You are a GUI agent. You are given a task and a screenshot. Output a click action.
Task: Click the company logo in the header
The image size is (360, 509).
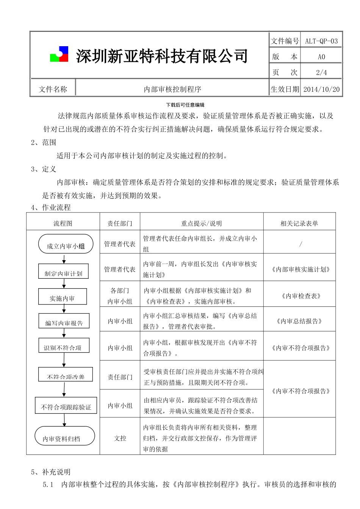coord(59,55)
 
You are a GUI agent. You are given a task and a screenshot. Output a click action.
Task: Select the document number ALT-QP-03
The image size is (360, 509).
coord(321,41)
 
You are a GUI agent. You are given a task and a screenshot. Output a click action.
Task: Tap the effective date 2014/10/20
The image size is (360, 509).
coord(322,89)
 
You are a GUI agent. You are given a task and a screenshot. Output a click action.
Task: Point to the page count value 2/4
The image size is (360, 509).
coord(321,72)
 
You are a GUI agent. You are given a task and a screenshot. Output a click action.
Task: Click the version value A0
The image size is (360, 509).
coord(321,57)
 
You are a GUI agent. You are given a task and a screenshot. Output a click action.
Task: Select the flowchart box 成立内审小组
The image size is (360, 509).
coord(66,245)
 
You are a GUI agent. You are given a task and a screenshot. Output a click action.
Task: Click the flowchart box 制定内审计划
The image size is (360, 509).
coord(63,273)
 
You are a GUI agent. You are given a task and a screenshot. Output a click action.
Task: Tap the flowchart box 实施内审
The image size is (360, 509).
coord(63,298)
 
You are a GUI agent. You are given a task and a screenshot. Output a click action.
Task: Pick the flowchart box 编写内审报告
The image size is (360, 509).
coord(64,322)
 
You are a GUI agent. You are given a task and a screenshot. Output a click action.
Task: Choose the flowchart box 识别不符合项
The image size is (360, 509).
coord(64,347)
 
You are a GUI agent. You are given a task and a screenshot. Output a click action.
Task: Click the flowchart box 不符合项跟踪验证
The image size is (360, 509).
coord(66,407)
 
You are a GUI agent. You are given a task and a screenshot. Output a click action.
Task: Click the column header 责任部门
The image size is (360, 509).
coord(120,223)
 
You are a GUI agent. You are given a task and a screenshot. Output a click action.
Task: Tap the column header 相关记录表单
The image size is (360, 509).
coord(299,223)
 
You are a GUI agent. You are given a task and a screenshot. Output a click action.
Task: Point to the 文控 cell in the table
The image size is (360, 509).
coord(120,438)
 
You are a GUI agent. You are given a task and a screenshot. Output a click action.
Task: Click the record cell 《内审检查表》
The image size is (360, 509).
coord(301,296)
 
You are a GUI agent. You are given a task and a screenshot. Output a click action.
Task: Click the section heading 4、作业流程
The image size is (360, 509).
coord(51,208)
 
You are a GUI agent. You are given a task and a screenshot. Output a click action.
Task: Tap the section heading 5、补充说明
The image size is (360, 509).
coord(51,472)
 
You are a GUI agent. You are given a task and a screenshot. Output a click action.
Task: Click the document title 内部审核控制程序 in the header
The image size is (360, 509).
coord(172,89)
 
